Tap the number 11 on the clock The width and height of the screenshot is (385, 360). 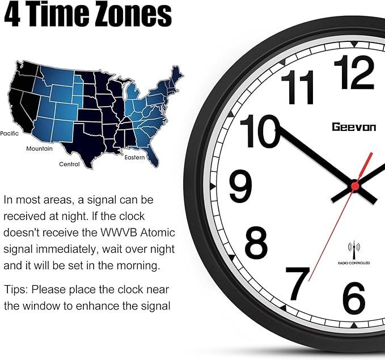click(297, 88)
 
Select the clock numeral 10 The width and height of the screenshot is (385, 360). click(260, 132)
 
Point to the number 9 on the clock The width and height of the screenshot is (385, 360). click(240, 185)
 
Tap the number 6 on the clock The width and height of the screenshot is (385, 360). click(354, 298)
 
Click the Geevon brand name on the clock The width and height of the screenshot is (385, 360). click(354, 128)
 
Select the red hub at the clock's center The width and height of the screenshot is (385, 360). click(356, 184)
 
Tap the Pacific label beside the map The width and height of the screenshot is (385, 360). click(10, 133)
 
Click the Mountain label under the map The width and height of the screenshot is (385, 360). click(39, 149)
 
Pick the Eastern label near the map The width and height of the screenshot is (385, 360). click(135, 156)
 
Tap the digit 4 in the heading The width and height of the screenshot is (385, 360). click(12, 15)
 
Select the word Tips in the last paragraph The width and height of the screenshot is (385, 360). click(15, 290)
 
